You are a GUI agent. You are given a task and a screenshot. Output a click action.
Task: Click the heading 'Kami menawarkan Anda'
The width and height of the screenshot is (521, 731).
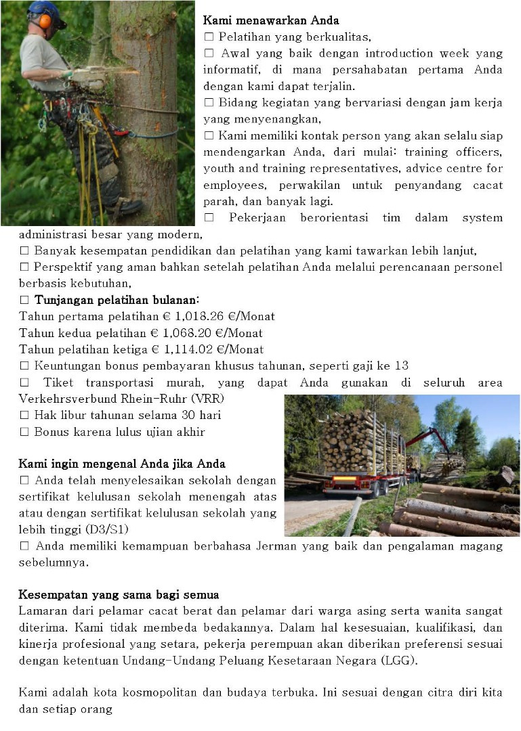271,20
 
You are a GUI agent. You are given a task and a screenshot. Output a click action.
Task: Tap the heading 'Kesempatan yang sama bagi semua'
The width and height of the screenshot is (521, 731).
119,595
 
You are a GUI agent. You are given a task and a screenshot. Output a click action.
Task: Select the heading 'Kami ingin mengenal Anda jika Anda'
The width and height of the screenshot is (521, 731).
122,464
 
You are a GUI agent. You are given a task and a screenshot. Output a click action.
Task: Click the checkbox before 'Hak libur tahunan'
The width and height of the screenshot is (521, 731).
24,415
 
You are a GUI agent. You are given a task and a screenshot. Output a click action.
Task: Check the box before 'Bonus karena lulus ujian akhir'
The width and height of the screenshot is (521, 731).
24,432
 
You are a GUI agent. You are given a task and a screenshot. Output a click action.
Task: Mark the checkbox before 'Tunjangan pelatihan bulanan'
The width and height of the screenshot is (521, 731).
24,300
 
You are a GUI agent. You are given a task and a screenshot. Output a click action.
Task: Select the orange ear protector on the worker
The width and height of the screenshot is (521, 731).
45,21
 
